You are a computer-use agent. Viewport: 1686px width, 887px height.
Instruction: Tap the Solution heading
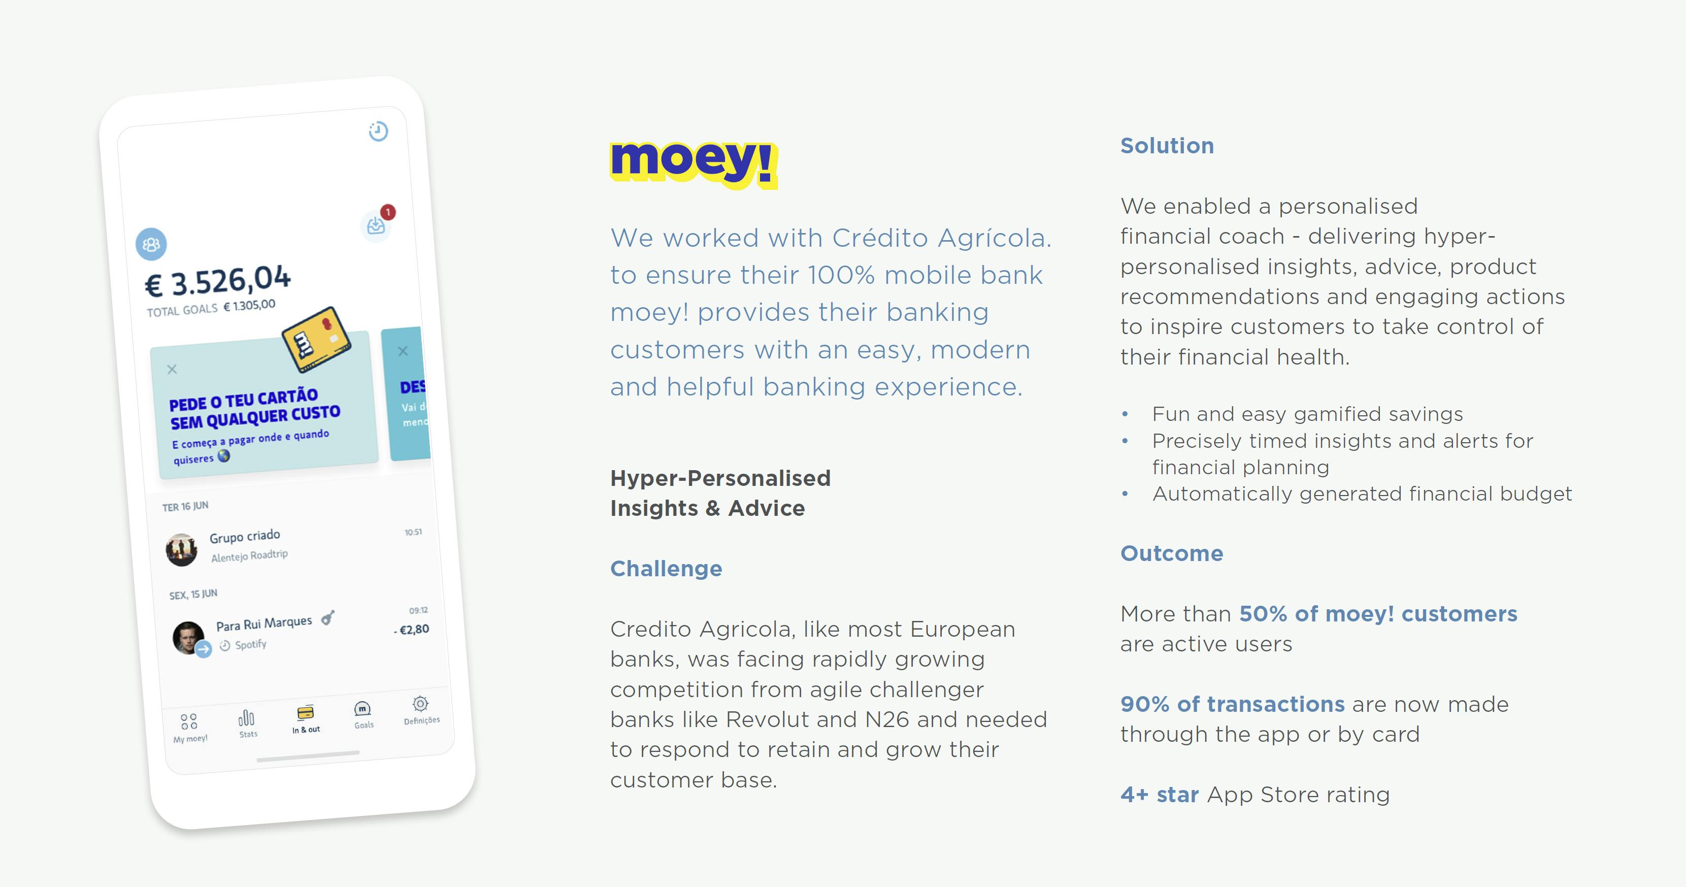pos(1167,145)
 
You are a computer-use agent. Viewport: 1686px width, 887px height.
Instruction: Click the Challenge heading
pos(666,568)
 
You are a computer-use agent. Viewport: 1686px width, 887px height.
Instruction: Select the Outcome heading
pos(1172,553)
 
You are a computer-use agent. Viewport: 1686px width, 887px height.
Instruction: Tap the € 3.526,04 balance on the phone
pos(217,281)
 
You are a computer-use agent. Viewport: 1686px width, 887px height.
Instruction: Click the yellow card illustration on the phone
pos(317,339)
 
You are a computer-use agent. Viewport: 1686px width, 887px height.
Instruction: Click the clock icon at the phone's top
pos(378,131)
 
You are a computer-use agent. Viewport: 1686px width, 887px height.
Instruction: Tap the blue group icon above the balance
pos(151,244)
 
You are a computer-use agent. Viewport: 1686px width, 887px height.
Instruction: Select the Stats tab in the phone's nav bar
pos(247,724)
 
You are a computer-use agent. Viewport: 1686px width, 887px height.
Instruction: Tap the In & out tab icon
pos(306,712)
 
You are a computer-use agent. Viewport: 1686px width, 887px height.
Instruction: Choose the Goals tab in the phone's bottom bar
pos(363,714)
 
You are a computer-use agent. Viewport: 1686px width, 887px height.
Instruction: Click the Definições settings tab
pos(421,710)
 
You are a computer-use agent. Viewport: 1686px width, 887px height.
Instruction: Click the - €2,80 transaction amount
pos(412,630)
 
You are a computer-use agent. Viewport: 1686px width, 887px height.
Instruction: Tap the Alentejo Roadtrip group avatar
pos(181,549)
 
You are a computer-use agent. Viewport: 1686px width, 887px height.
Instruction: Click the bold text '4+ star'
pos(1159,794)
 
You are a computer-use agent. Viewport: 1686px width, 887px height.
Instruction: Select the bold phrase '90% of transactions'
pos(1233,704)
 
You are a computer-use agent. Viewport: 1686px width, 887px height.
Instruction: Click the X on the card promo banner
pos(172,369)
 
